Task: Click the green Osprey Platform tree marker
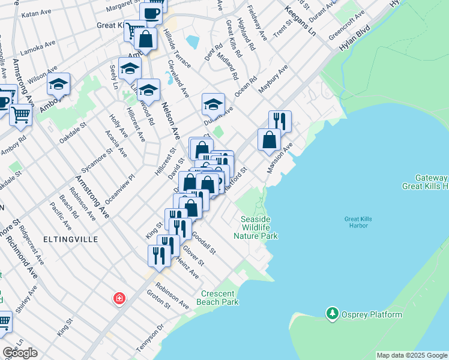[332, 313]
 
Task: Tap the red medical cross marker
[119, 298]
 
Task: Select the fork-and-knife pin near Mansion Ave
[279, 121]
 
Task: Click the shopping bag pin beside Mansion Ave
[269, 139]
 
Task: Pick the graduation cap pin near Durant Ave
[213, 104]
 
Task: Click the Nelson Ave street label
[172, 120]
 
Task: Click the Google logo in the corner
[20, 352]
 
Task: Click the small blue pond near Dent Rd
[192, 41]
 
